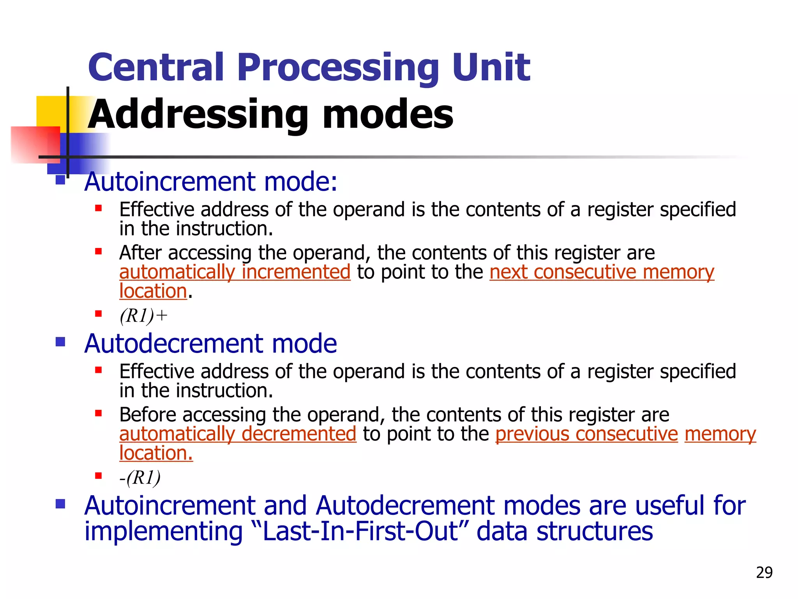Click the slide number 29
tap(764, 572)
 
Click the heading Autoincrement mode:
tap(211, 182)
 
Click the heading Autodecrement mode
tap(210, 344)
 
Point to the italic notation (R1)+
tap(143, 315)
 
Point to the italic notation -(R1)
tap(140, 477)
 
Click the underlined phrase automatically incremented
tap(235, 272)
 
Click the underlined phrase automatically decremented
tap(238, 434)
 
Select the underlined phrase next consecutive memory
tap(602, 272)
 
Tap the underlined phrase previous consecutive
tap(586, 434)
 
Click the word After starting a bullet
tap(140, 253)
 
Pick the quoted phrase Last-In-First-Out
tap(361, 531)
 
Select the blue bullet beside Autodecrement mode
tap(60, 342)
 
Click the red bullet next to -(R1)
tap(98, 475)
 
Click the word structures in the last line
tap(595, 531)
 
